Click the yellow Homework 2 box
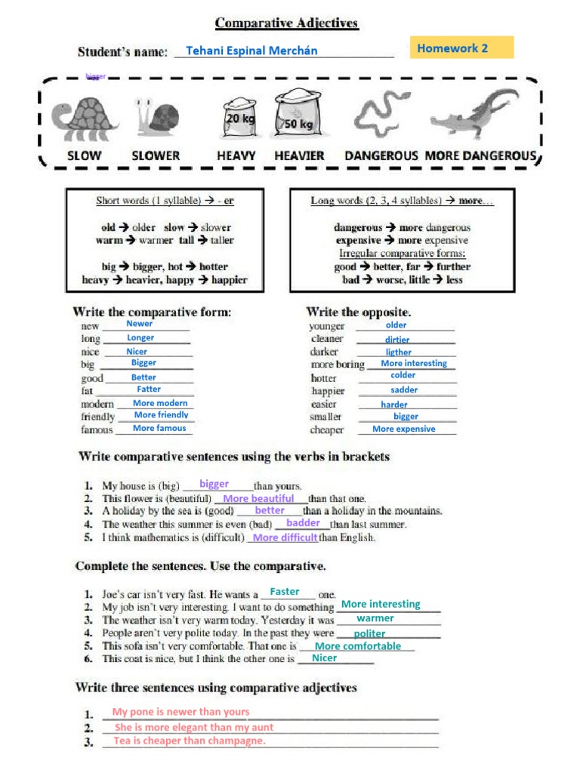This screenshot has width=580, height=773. (x=461, y=48)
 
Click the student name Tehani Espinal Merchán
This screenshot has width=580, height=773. (x=251, y=51)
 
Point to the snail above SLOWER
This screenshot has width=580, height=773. (x=158, y=118)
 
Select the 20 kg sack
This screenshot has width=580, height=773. (x=240, y=119)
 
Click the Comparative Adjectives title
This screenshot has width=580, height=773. (x=287, y=23)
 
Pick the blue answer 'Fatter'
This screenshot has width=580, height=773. (x=149, y=390)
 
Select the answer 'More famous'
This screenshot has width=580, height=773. (x=159, y=428)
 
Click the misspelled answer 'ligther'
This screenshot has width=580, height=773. (x=399, y=352)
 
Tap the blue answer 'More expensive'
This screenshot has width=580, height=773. (x=404, y=429)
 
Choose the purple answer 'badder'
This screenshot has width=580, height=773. (x=304, y=523)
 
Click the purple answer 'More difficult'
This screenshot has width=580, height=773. (x=285, y=538)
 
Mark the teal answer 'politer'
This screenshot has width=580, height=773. (x=369, y=634)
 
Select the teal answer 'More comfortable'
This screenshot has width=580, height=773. (x=358, y=646)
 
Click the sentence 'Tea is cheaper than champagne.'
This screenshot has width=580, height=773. (x=190, y=741)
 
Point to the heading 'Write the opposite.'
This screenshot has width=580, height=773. (x=359, y=311)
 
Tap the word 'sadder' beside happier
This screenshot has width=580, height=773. (x=404, y=390)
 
